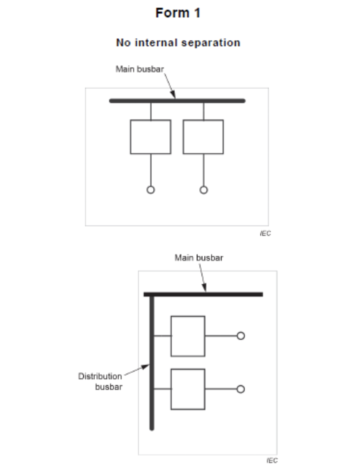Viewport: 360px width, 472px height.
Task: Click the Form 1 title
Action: [x=178, y=13]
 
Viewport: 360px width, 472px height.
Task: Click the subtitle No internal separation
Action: [x=178, y=43]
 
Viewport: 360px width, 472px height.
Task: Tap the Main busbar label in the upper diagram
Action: [x=140, y=69]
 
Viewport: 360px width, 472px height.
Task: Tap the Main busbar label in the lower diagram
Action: [x=199, y=258]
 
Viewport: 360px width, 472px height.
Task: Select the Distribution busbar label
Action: [x=100, y=381]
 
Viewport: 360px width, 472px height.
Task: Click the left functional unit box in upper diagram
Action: [x=150, y=137]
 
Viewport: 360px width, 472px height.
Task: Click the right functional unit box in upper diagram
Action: [x=203, y=137]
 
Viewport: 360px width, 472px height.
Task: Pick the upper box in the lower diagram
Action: [x=188, y=336]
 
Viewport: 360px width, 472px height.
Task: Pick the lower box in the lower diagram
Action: [x=188, y=389]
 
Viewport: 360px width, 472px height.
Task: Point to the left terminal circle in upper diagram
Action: [x=151, y=190]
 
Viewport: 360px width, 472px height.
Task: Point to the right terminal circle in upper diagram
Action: [x=204, y=190]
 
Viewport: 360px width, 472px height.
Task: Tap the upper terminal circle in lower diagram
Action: [x=241, y=336]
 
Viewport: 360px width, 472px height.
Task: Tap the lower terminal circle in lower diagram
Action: [x=241, y=389]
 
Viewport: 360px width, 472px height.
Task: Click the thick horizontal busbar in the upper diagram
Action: [x=213, y=101]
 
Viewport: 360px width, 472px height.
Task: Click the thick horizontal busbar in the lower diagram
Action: [x=228, y=294]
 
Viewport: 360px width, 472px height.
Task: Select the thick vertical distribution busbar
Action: [x=152, y=411]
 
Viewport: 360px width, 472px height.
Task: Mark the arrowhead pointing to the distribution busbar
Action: [x=146, y=367]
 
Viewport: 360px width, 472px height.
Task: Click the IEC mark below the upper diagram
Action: [x=265, y=234]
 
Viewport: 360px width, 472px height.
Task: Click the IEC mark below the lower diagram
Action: [x=272, y=461]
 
